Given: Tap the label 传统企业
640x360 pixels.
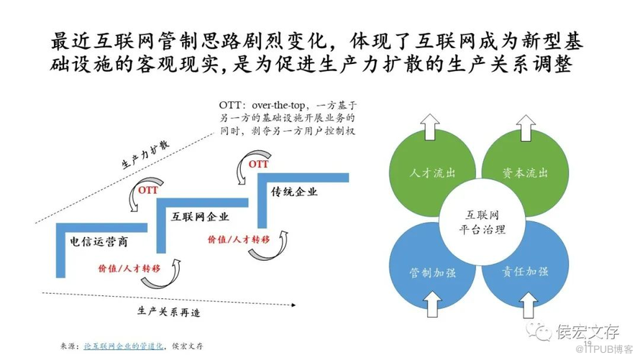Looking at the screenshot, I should tap(294, 192).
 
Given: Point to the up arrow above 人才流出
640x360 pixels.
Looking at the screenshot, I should tap(431, 127).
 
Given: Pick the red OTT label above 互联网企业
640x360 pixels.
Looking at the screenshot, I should tap(148, 190).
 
